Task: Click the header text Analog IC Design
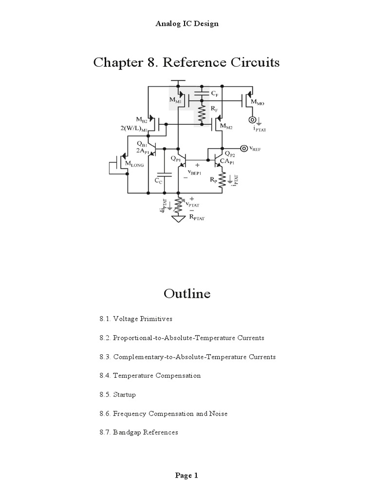point(187,23)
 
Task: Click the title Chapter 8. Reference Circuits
point(187,63)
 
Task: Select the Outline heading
point(187,293)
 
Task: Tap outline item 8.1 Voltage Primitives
point(136,319)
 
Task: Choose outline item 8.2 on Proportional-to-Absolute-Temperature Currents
point(182,338)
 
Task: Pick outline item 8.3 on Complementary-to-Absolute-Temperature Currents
point(187,357)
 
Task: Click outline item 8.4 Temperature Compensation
point(150,376)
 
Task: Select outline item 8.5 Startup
point(118,395)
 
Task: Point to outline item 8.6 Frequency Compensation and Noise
point(164,414)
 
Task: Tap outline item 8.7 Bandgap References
point(139,432)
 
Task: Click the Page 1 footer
point(187,476)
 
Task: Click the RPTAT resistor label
point(196,219)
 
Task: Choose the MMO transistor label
point(258,103)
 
